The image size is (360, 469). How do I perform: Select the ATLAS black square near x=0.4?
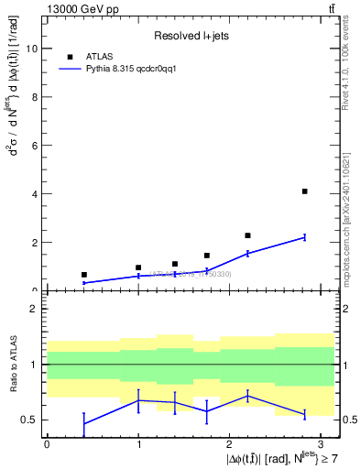coord(83,275)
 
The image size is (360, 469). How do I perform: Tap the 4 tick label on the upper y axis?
coord(34,194)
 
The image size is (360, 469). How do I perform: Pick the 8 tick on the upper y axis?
coord(34,97)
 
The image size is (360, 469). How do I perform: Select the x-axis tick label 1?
coord(138,442)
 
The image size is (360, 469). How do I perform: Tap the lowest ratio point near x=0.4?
coord(83,423)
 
